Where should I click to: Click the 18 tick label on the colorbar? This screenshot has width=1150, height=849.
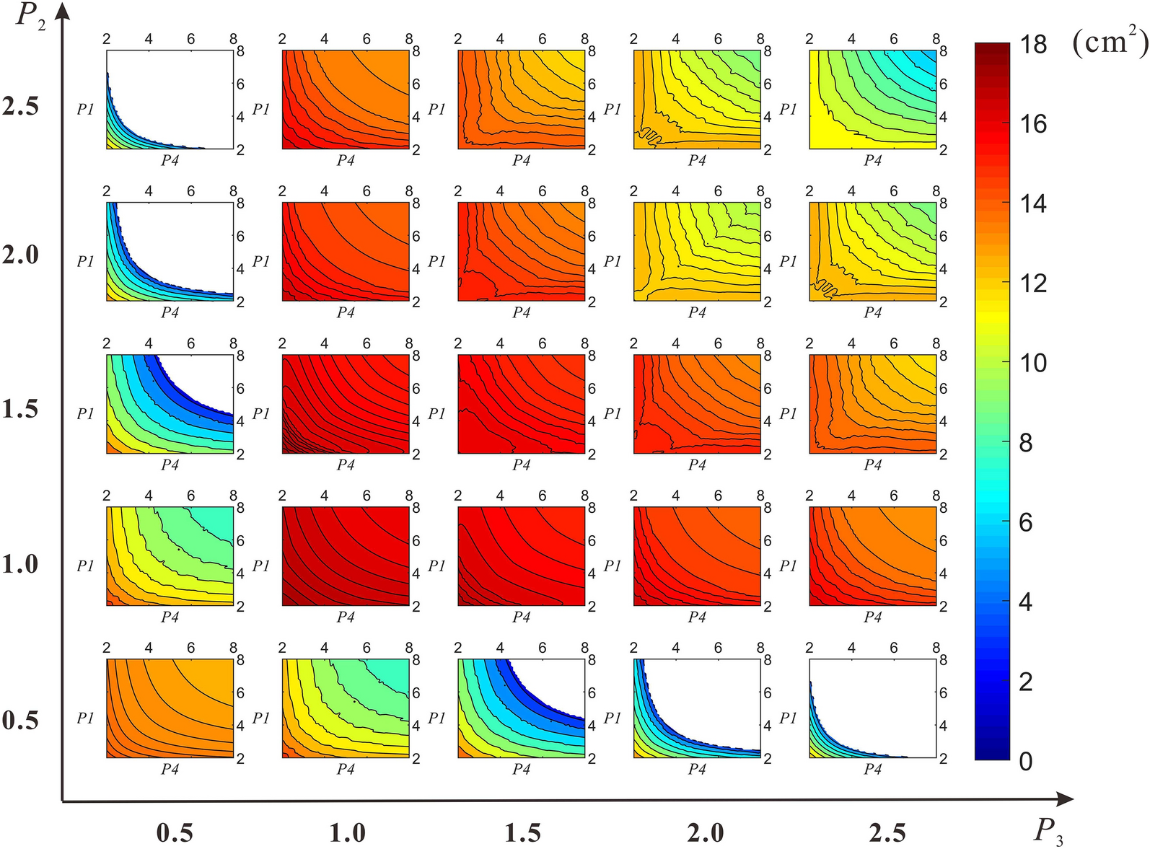(x=1033, y=45)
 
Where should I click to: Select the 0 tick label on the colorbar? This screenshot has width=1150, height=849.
(x=1026, y=760)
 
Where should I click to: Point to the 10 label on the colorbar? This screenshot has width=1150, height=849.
(x=1033, y=363)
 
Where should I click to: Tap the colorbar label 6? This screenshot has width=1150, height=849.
(x=1026, y=522)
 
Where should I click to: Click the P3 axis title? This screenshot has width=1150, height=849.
(x=1048, y=832)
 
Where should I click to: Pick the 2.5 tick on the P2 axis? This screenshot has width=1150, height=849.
(x=20, y=107)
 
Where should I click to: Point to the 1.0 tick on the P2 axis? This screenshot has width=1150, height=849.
(x=20, y=564)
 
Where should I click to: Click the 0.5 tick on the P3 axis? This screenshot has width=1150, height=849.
(x=175, y=833)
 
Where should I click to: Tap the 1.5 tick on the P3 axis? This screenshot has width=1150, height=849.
(x=522, y=833)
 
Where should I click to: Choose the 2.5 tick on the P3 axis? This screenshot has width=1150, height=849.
(x=887, y=833)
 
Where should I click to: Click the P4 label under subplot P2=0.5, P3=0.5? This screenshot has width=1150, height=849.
(x=170, y=769)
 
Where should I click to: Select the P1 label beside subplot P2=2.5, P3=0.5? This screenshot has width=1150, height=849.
(x=85, y=109)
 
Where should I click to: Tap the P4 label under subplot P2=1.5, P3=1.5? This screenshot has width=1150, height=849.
(x=521, y=465)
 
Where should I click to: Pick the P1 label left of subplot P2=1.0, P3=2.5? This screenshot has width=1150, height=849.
(x=788, y=566)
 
